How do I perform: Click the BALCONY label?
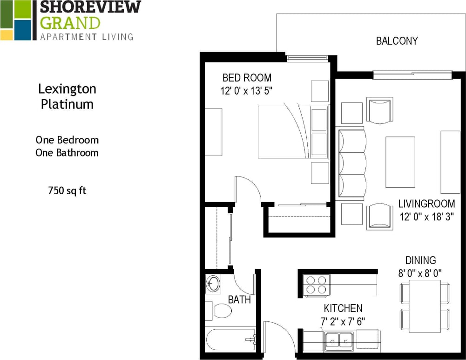click(x=397, y=41)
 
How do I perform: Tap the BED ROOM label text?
click(x=247, y=78)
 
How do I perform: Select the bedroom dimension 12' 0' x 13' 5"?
click(x=246, y=90)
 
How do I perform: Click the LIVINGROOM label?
click(x=426, y=204)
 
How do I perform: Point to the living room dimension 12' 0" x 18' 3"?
click(x=426, y=217)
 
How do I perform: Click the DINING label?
click(x=420, y=261)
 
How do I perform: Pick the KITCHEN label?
click(x=343, y=308)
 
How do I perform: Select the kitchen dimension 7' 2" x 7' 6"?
click(x=343, y=321)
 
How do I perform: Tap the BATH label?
click(x=239, y=299)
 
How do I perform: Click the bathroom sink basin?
click(x=213, y=284)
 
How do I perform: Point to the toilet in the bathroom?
click(x=221, y=311)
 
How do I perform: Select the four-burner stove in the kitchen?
click(x=316, y=285)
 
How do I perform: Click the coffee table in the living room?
click(x=400, y=162)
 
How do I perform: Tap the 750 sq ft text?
click(x=67, y=190)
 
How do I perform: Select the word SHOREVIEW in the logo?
click(x=90, y=7)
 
